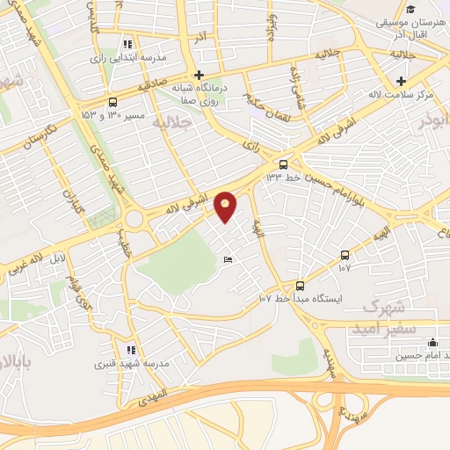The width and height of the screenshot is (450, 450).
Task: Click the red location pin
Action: [226, 207]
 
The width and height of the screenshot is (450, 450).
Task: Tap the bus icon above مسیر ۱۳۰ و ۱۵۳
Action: [112, 101]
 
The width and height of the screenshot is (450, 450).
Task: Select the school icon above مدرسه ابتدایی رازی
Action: [128, 44]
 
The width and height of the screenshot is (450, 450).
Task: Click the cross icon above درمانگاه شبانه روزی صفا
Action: [200, 75]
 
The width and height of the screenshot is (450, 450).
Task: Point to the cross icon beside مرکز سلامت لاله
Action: [401, 81]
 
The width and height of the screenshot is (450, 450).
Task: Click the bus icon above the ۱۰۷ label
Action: [345, 254]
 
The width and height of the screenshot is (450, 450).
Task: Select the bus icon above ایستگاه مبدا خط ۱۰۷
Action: [300, 286]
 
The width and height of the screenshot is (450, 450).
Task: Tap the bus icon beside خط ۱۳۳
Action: [282, 164]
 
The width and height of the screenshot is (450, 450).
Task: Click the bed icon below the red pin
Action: [228, 260]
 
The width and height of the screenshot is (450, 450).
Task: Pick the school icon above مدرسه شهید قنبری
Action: [131, 349]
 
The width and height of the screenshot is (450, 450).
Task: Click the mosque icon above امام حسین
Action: [432, 343]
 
